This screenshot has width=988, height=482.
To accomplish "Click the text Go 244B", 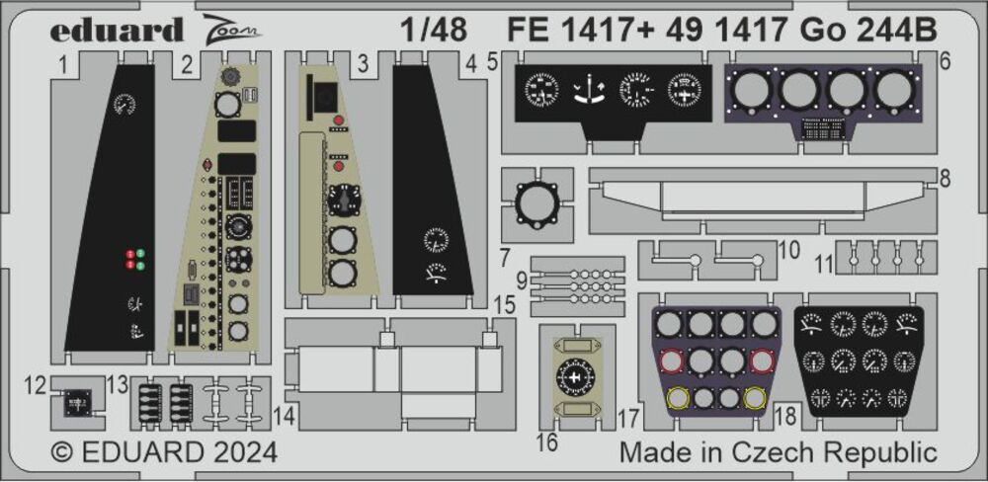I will [x=868, y=29].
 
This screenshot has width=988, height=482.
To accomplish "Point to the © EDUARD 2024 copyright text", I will [x=164, y=453].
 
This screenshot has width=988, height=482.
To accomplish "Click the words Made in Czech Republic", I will [x=779, y=453].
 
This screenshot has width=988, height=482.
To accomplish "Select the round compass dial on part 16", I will [x=575, y=377].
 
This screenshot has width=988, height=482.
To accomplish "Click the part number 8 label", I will [x=946, y=179].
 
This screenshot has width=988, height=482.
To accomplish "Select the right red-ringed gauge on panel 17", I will [x=761, y=361].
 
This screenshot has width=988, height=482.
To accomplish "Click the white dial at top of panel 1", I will [x=123, y=104].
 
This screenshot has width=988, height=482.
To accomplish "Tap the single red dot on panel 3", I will [x=340, y=166].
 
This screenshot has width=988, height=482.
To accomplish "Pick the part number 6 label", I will [x=945, y=61].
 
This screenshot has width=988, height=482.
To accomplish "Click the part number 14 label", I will [x=285, y=417].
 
